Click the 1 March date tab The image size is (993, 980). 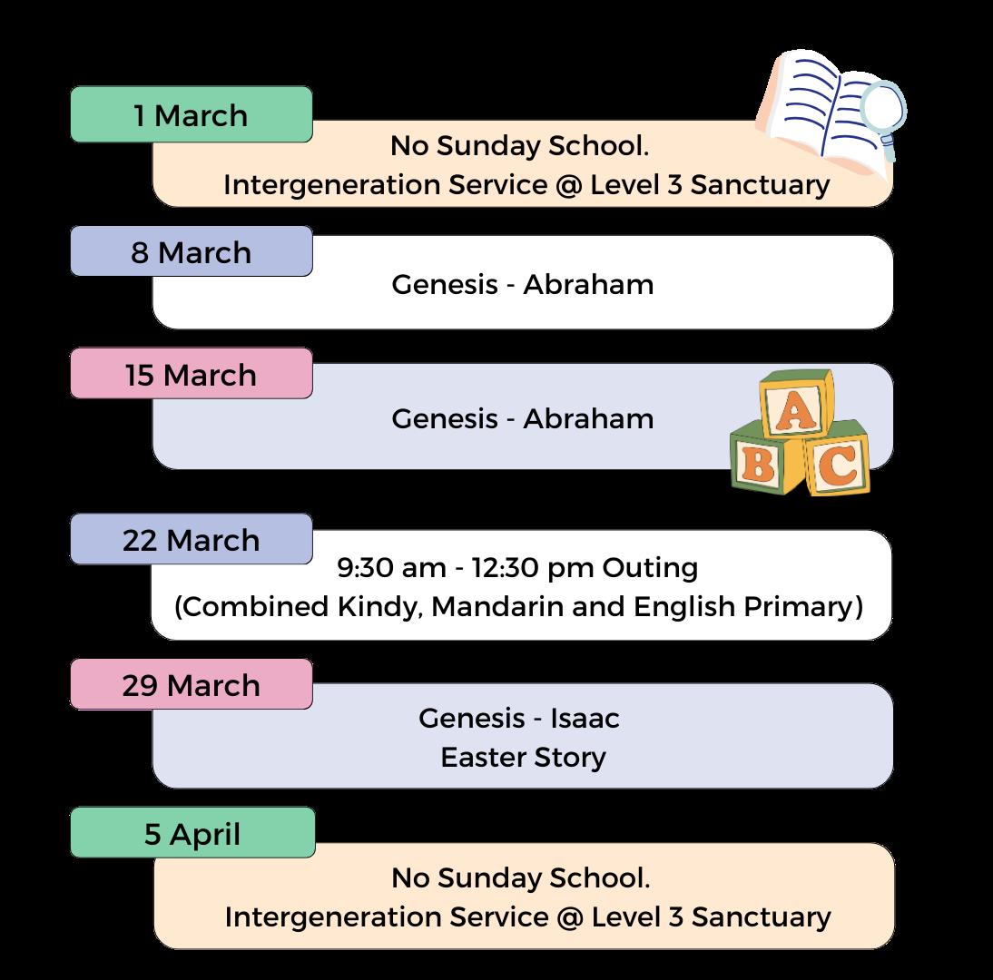pyautogui.click(x=192, y=115)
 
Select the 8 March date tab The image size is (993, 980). pyautogui.click(x=192, y=251)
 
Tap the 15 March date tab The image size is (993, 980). pyautogui.click(x=192, y=374)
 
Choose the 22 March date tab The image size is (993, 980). pyautogui.click(x=192, y=540)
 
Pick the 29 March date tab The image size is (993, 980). pyautogui.click(x=192, y=685)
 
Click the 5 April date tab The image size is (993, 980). pyautogui.click(x=192, y=833)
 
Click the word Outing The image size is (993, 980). pyautogui.click(x=650, y=568)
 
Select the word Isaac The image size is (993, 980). pyautogui.click(x=585, y=719)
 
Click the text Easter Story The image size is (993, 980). pyautogui.click(x=523, y=757)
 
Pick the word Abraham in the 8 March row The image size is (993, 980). pyautogui.click(x=588, y=284)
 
